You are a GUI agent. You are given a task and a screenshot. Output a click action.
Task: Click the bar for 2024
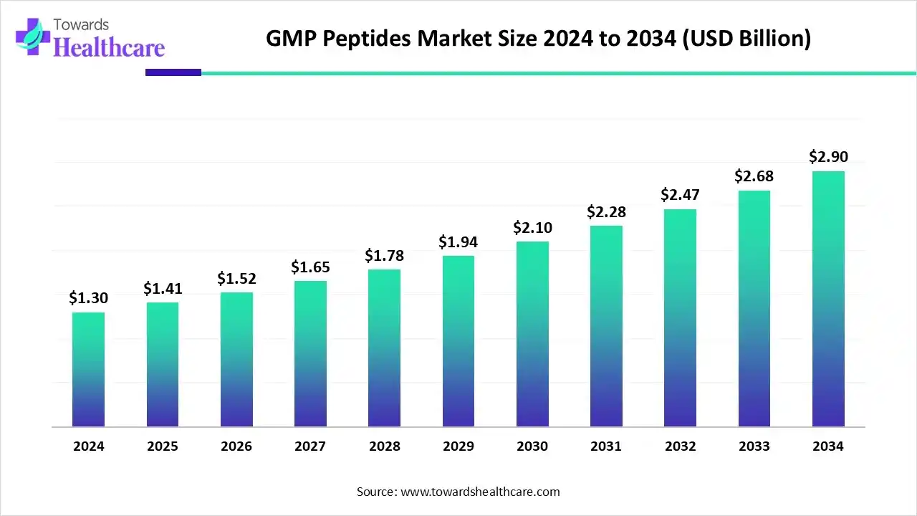(88, 369)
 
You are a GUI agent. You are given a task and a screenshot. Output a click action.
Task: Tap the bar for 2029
(458, 341)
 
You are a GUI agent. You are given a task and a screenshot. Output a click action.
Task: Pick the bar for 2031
(606, 326)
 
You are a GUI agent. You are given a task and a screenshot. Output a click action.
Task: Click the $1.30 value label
(88, 298)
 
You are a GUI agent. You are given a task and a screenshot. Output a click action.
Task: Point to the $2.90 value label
(828, 156)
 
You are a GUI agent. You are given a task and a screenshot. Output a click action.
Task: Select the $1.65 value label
(310, 267)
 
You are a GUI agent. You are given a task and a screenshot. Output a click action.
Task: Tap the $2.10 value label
(532, 228)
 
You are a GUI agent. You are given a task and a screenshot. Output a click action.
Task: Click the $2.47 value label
(680, 195)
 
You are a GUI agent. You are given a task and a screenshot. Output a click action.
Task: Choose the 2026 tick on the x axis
(236, 446)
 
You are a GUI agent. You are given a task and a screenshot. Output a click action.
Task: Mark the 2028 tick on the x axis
(384, 446)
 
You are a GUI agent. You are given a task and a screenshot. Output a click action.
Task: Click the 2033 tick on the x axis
(754, 446)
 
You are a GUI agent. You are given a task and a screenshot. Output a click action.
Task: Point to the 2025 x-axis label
(163, 446)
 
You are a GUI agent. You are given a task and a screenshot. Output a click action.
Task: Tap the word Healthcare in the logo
(109, 47)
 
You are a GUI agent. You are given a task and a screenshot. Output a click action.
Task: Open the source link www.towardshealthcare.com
(479, 492)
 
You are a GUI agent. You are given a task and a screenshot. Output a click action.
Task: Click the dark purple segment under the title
(173, 72)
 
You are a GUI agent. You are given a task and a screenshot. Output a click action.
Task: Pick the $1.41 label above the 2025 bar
(163, 288)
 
